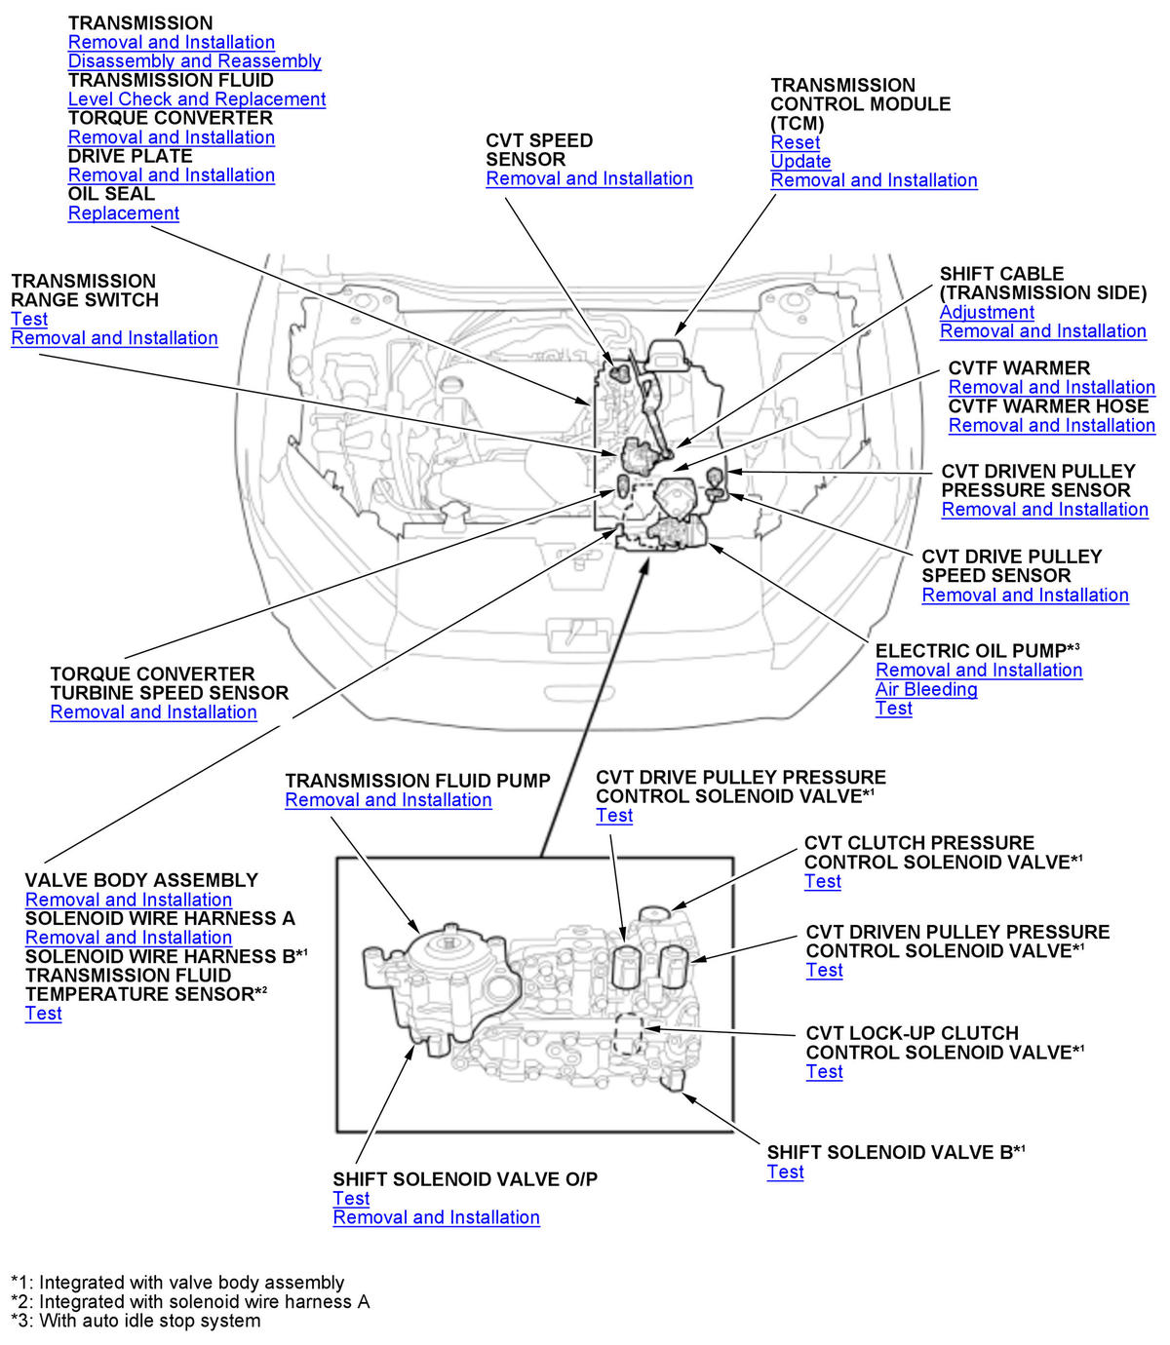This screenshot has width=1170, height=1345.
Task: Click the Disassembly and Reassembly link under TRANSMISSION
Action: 194,61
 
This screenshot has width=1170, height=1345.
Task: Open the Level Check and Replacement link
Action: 196,99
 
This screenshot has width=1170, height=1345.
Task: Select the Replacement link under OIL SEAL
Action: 124,213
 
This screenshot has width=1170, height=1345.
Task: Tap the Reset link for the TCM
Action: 795,142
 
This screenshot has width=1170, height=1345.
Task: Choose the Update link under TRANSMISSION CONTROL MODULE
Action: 800,162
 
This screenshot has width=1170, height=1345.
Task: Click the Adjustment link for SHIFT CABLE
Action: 987,313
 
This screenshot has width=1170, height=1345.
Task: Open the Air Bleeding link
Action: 926,690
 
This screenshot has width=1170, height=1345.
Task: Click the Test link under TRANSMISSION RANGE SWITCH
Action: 29,320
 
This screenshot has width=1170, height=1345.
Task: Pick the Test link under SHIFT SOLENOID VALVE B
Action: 785,1172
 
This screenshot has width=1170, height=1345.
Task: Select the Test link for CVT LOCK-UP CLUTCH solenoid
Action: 824,1072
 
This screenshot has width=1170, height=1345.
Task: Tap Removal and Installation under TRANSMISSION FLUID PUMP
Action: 388,800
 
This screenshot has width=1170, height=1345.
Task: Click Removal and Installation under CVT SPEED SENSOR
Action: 589,179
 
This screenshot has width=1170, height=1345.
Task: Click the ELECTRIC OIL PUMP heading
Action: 971,651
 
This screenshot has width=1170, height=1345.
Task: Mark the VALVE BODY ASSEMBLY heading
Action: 141,880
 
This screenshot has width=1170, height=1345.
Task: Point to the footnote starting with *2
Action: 190,1302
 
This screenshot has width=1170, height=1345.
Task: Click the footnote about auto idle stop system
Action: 136,1322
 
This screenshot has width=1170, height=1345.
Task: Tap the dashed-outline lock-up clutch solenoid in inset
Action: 627,1034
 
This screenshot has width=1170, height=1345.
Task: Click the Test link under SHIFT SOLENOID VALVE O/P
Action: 351,1199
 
